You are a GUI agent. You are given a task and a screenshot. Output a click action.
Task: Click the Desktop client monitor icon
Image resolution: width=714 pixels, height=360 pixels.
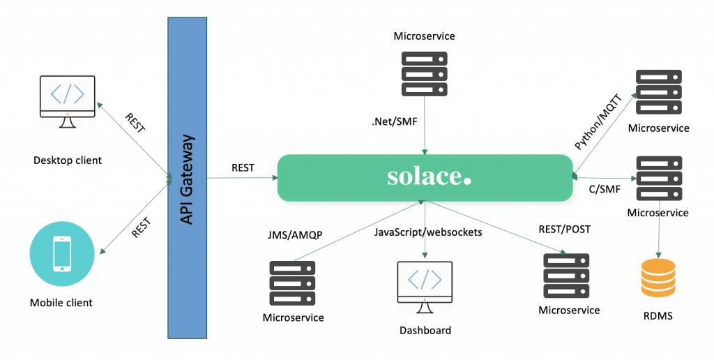coord(68,100)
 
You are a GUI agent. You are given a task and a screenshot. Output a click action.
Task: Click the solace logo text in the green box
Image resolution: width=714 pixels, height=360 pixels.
coord(428,177)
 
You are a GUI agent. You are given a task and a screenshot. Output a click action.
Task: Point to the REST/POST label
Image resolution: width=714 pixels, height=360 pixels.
coord(564,227)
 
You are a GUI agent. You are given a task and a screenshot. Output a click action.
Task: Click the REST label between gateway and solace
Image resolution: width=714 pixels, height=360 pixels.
coord(243,167)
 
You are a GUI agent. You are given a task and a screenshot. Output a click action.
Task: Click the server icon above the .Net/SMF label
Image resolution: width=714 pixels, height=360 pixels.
coord(424,73)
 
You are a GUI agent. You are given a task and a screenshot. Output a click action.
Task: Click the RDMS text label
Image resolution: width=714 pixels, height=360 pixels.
coord(657,316)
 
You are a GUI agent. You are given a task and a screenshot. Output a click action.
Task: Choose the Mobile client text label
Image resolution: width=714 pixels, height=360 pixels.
coord(61,303)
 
